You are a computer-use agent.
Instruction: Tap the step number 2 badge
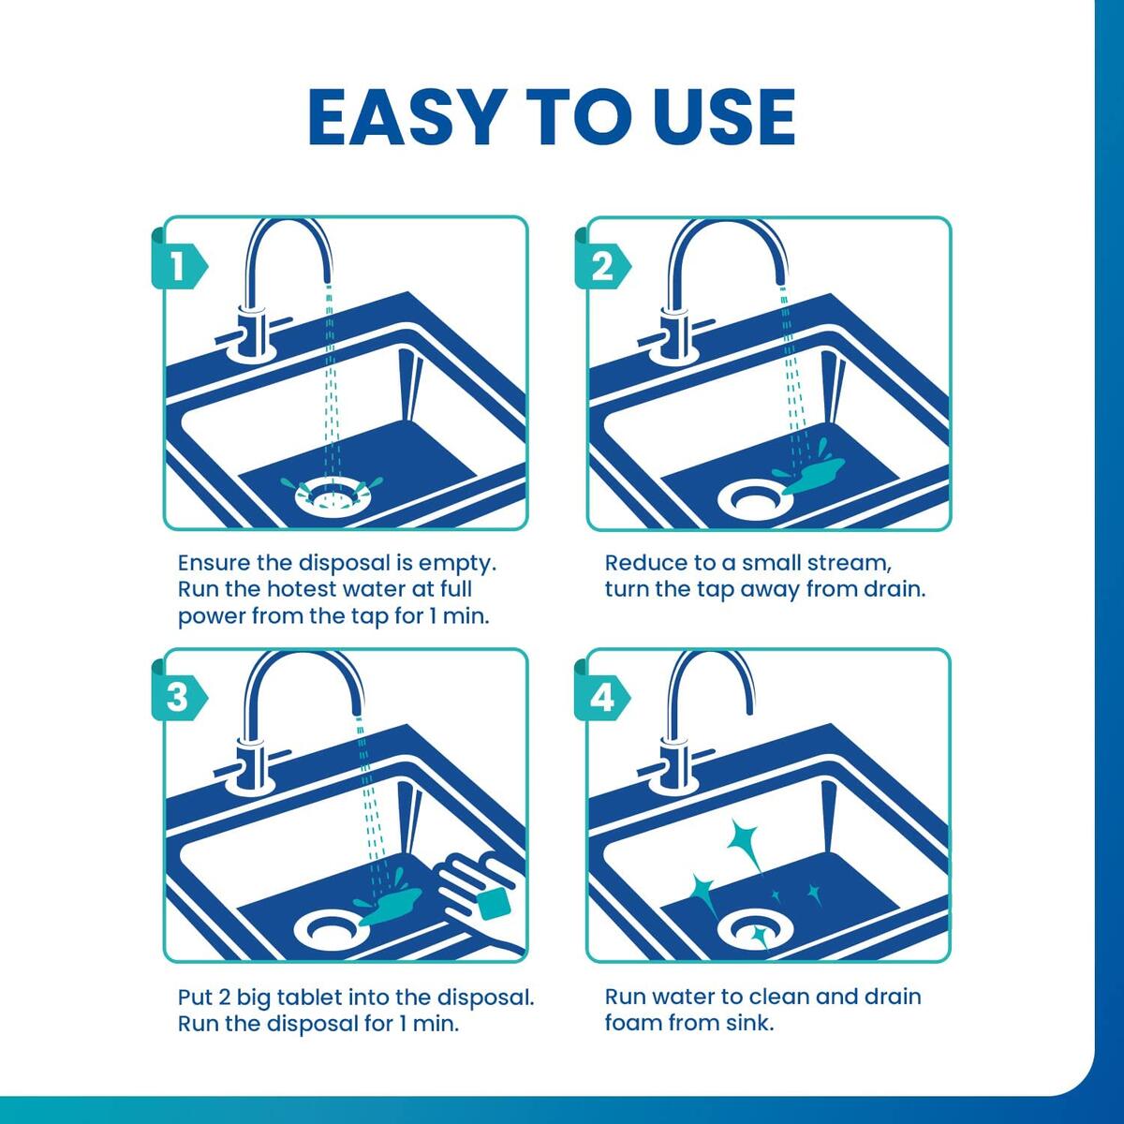click(x=601, y=267)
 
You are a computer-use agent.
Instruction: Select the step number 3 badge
click(x=176, y=698)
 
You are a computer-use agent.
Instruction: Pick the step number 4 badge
click(x=601, y=698)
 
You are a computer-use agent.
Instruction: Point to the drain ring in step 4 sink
click(x=755, y=933)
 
